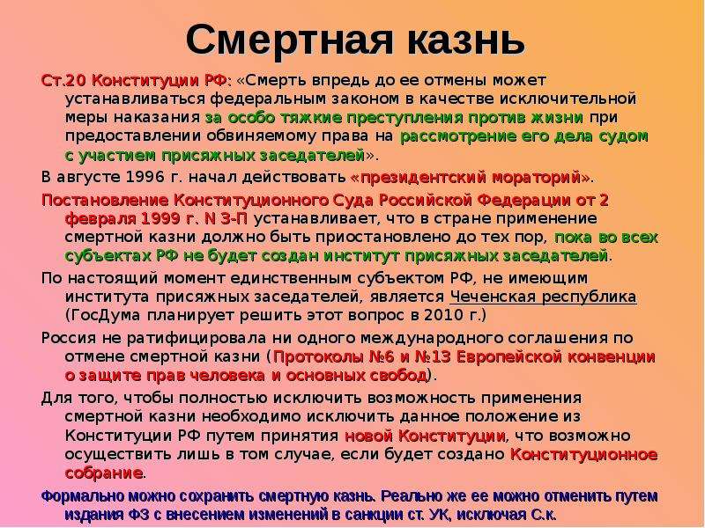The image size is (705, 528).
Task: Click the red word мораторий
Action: coord(536,178)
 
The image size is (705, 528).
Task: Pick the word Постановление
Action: coord(105,201)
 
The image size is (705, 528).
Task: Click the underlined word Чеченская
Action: coord(493,297)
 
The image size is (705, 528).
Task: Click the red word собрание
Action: coord(103,473)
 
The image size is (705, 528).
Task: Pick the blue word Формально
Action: coord(82,496)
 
